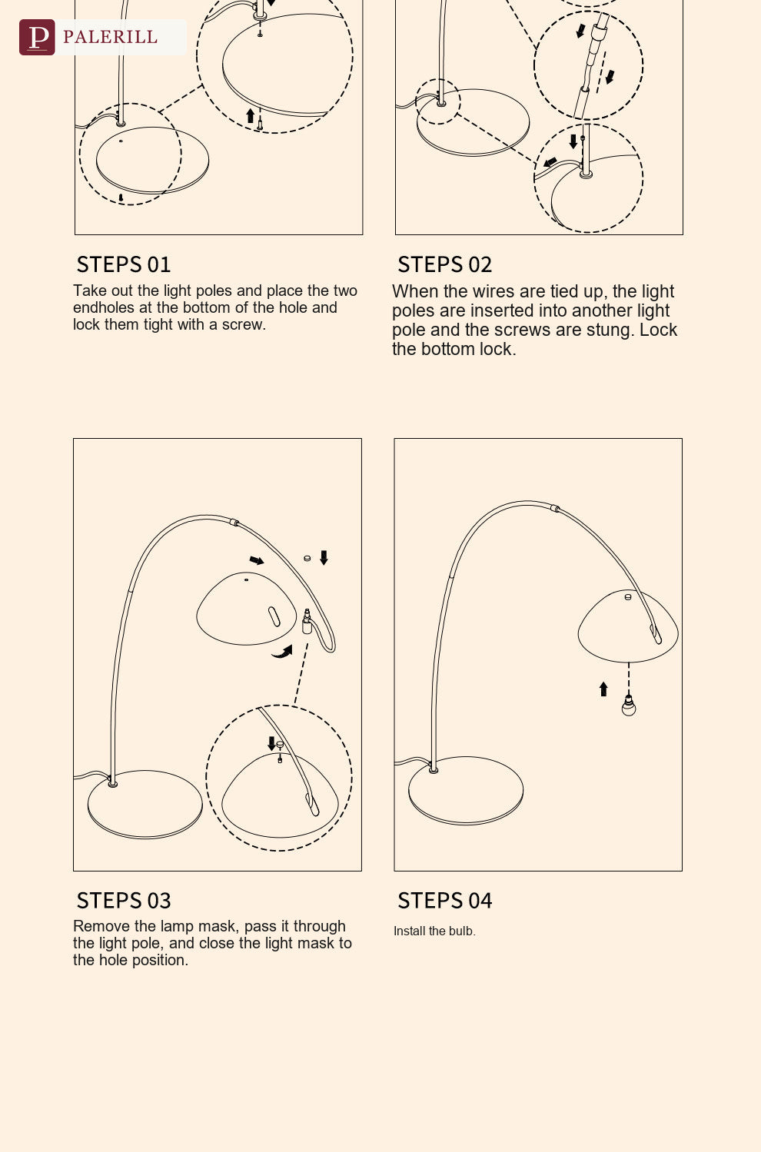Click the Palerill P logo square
point(37,37)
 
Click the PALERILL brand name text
point(110,37)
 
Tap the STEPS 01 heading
point(124,265)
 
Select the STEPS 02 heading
point(444,265)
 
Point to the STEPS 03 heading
point(124,901)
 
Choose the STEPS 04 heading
point(444,901)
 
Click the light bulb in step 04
point(628,705)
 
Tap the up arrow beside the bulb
point(603,689)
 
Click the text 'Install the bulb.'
point(434,931)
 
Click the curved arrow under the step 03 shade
point(282,652)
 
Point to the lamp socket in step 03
point(307,622)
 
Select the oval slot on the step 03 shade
point(274,616)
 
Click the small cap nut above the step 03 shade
point(307,558)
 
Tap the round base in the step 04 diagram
point(466,791)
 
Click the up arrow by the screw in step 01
point(250,116)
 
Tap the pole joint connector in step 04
point(555,509)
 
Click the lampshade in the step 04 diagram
point(628,626)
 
